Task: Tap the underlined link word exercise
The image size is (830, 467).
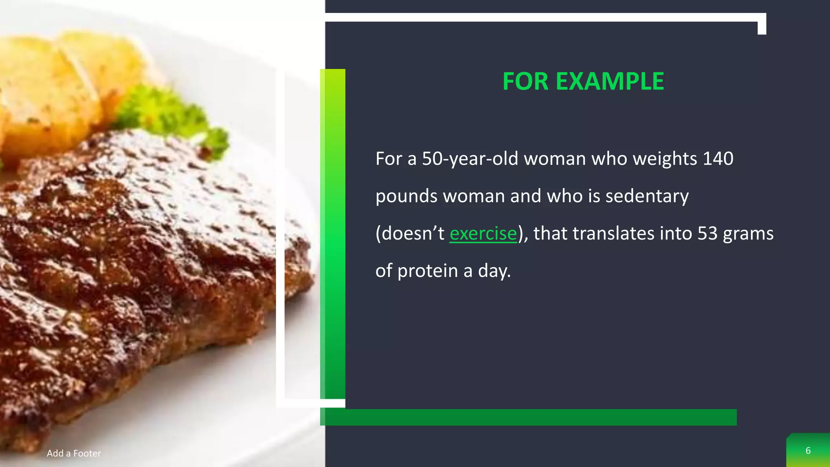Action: pyautogui.click(x=483, y=234)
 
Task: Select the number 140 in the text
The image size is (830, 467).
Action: pyautogui.click(x=718, y=159)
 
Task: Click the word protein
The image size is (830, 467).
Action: pyautogui.click(x=428, y=271)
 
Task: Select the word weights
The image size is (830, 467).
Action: pyautogui.click(x=665, y=159)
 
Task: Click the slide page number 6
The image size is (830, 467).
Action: pyautogui.click(x=808, y=451)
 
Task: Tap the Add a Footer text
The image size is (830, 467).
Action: pyautogui.click(x=74, y=453)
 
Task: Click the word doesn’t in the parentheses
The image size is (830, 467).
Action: pyautogui.click(x=410, y=233)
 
